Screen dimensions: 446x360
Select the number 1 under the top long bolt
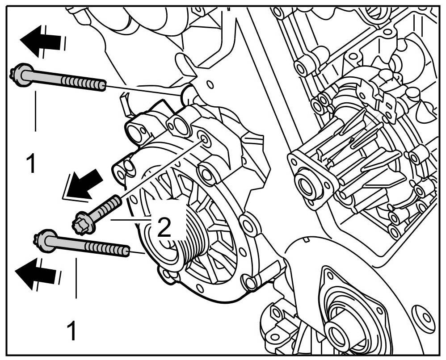pos(30,164)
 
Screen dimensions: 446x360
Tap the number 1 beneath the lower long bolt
pos(71,331)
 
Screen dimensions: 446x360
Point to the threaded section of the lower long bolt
pos(107,248)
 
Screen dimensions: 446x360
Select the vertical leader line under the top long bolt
pos(34,112)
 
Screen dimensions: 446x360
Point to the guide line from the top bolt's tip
pos(143,90)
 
